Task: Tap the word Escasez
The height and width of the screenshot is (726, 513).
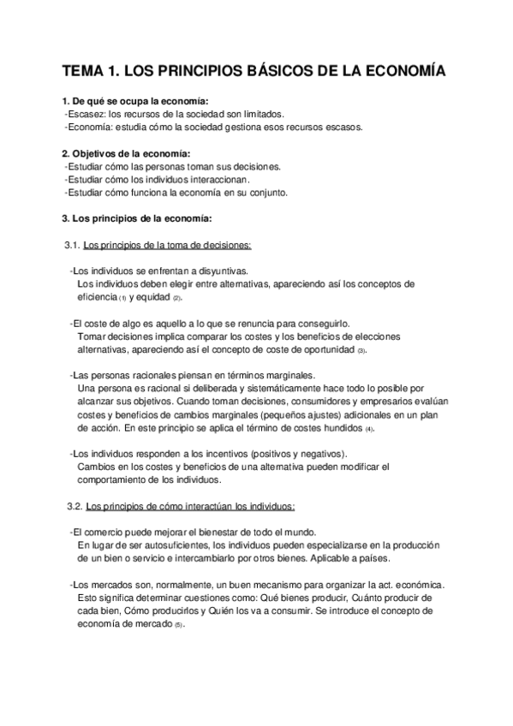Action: pos(86,114)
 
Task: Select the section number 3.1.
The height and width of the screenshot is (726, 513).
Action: pos(73,245)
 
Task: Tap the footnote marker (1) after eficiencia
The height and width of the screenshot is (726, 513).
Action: pos(122,297)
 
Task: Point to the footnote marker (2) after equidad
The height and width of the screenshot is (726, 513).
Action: pos(177,297)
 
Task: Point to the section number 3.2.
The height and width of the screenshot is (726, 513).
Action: pos(73,506)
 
